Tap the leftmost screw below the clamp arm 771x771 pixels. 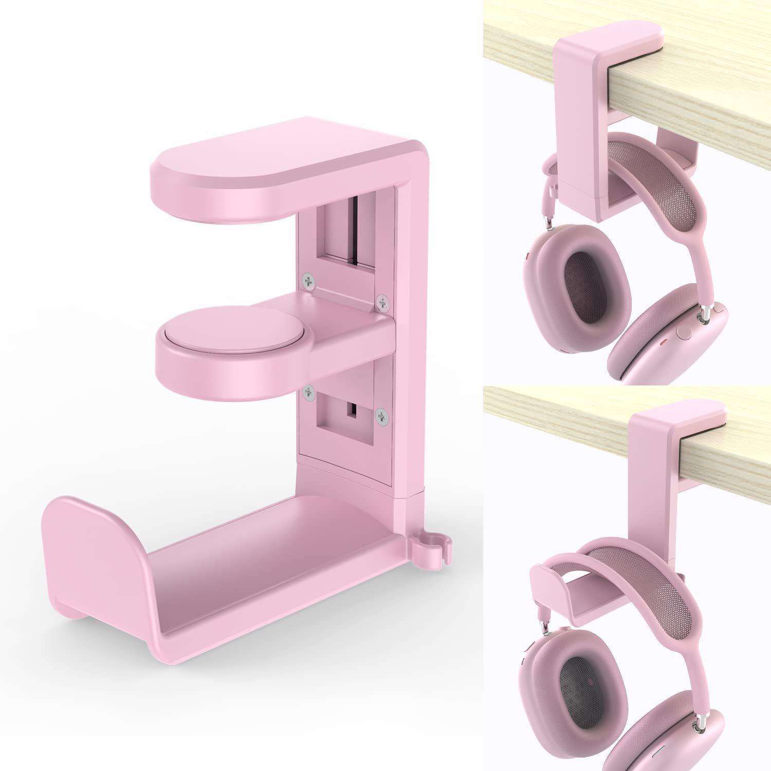tap(308, 392)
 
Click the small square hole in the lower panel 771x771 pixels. tap(353, 410)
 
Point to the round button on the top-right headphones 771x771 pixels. tap(684, 332)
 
